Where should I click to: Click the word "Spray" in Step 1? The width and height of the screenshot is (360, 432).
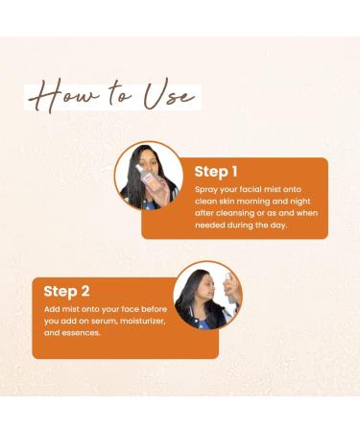coord(206,192)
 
